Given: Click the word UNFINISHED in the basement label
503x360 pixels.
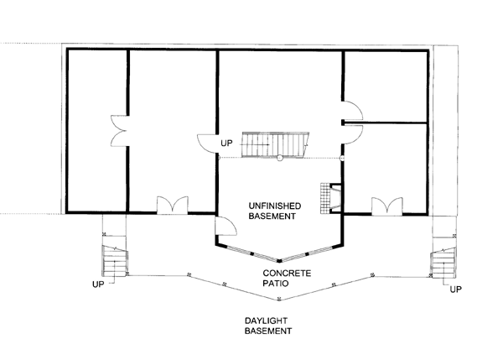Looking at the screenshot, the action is (x=275, y=206).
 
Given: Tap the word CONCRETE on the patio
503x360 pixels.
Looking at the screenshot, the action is (x=287, y=274).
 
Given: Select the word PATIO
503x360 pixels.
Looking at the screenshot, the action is (x=276, y=284).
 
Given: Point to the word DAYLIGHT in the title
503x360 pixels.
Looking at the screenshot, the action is (x=266, y=321).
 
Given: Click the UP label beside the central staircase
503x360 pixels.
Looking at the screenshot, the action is (x=226, y=143).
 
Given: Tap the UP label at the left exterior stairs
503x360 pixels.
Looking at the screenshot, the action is (x=98, y=284).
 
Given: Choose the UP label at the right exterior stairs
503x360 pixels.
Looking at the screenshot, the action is (x=455, y=290).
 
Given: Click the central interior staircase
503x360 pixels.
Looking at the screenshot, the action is (x=276, y=144).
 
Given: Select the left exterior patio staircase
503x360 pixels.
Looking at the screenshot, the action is (x=115, y=261).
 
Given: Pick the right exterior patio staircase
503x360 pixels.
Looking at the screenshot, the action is (x=443, y=263).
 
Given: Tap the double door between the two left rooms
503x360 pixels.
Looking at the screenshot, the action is (x=119, y=131).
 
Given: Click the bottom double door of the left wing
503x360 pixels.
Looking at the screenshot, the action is (x=172, y=205).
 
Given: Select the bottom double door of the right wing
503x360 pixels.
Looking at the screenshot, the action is (x=386, y=206).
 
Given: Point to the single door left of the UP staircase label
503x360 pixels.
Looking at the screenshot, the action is (x=208, y=143).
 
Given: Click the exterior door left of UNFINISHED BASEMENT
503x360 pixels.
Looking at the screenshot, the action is (x=226, y=226).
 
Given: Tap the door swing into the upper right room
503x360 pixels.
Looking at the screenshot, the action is (x=353, y=111).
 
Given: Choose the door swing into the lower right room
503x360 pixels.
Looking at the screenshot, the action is (x=353, y=135).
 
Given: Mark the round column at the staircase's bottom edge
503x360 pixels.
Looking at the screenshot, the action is (x=280, y=158).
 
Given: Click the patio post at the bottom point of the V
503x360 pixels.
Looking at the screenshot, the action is (x=279, y=300).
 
